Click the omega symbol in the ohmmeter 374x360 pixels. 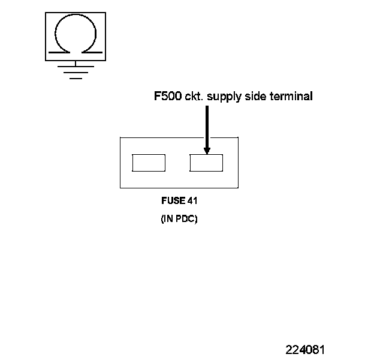[74, 35]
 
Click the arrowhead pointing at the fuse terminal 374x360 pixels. [207, 149]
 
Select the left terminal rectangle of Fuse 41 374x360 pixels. [149, 163]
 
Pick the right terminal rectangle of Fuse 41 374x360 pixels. [207, 163]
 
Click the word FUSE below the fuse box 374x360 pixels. [171, 202]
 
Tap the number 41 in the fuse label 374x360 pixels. [192, 202]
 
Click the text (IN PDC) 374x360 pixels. [179, 219]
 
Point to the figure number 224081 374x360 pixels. [306, 350]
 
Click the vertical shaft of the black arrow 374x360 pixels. [207, 126]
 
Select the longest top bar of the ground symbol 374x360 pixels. [74, 67]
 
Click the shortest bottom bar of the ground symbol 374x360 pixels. [74, 78]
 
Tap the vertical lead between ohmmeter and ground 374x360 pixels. [74, 64]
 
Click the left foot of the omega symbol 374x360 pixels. [58, 52]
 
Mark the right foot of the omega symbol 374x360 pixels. [91, 52]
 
